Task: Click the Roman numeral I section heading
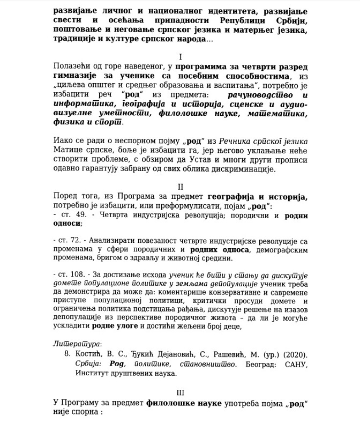pos(181,56)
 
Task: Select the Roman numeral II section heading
pos(181,187)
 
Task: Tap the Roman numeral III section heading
pos(180,392)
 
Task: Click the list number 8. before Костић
pos(68,354)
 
